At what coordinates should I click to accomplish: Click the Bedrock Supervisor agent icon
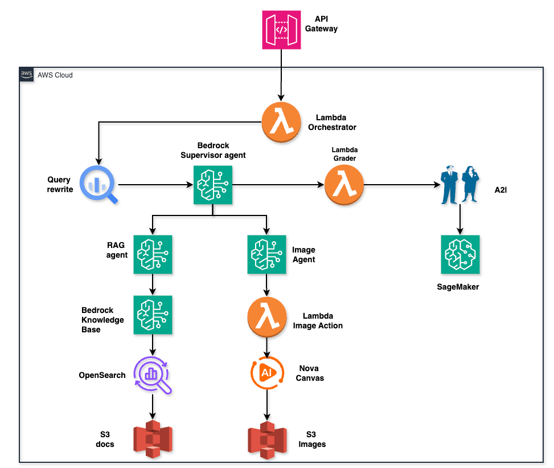213,184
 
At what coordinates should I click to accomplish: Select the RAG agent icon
153,254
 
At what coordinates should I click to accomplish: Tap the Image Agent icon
266,254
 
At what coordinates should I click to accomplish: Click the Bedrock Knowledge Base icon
153,315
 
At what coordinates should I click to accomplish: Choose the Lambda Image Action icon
266,319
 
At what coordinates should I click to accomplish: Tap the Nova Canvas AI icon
266,373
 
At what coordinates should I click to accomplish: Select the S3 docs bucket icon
153,439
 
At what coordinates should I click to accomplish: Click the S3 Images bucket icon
266,439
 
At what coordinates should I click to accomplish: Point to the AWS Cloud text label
55,75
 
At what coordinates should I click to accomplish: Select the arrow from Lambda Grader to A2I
401,185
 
